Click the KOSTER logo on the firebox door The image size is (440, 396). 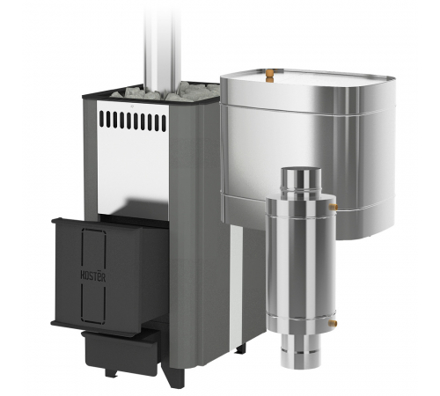[x=92, y=276]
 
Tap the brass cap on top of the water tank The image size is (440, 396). [x=269, y=75]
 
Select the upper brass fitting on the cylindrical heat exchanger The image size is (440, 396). [x=333, y=206]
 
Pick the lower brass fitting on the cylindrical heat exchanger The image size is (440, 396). [x=333, y=323]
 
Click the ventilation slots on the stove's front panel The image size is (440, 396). [x=133, y=120]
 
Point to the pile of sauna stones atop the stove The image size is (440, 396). [x=165, y=90]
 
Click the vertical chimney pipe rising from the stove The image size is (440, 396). [x=162, y=44]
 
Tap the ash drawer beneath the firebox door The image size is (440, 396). [x=121, y=351]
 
